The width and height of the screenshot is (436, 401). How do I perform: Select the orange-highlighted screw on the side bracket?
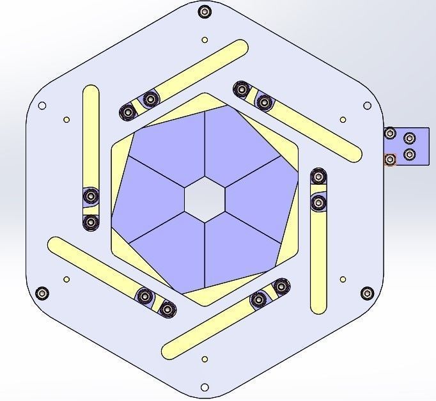389,159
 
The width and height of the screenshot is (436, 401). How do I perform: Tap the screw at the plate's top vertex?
204,12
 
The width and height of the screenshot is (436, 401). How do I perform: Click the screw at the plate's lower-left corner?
42,294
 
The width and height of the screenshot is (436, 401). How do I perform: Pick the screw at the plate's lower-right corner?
366,294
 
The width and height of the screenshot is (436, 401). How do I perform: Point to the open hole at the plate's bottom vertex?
205,388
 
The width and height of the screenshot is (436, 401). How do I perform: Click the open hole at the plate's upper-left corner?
42,106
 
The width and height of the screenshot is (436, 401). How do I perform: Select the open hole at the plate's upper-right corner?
368,106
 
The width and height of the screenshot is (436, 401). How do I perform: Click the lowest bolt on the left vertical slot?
91,222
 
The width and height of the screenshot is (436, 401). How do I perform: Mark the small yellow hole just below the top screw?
205,40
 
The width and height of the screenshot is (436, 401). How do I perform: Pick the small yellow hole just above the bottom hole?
205,359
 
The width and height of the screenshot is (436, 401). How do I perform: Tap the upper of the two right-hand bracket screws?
410,138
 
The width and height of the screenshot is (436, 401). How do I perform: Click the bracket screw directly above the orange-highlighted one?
389,134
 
